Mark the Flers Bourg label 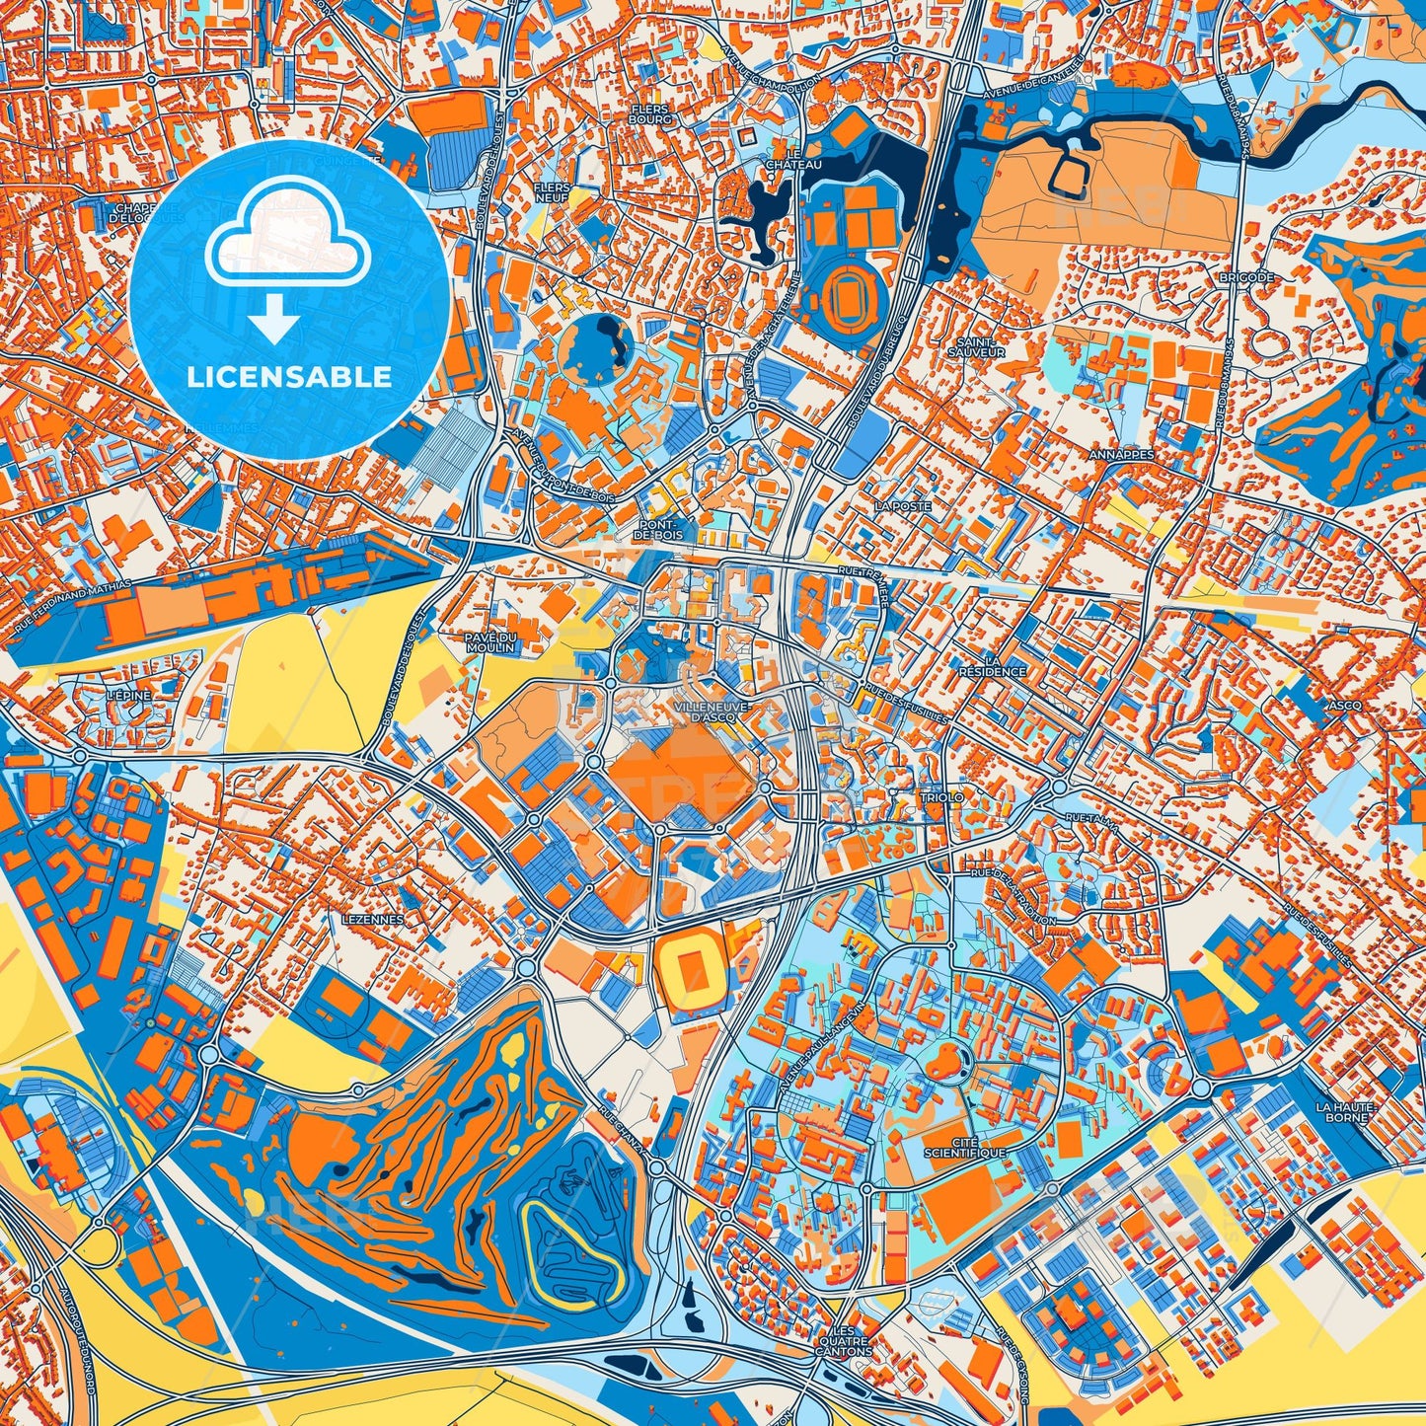point(649,114)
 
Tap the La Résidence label point(992,666)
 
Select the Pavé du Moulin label point(490,642)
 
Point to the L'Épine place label point(128,696)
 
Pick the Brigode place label point(1245,278)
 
